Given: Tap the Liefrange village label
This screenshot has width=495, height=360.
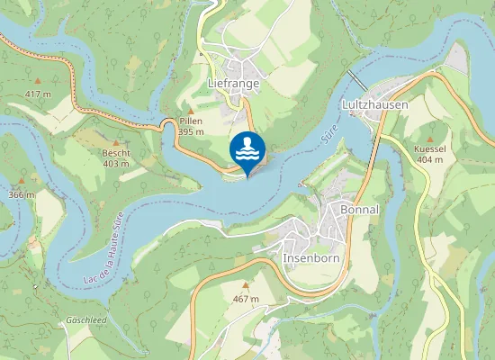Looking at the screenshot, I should click(233, 83).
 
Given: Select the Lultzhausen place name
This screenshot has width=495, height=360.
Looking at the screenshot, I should click(375, 104).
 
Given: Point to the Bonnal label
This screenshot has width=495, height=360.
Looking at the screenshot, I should click(360, 209).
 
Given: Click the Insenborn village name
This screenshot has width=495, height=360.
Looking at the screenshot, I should click(310, 257).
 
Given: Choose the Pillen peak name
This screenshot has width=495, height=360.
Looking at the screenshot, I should click(191, 121).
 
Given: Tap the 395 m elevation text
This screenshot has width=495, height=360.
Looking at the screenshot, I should click(191, 131).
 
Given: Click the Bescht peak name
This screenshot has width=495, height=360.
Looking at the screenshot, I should click(116, 153).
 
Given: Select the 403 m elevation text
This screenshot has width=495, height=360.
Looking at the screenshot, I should click(116, 164).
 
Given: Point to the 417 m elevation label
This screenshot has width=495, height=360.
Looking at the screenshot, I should click(38, 94).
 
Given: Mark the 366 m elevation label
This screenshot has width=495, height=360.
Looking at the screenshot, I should click(20, 194).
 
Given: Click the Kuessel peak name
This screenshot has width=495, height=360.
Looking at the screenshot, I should click(429, 148).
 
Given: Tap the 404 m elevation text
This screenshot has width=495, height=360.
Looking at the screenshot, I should click(429, 159).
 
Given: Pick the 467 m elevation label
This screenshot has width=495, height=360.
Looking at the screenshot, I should click(246, 298).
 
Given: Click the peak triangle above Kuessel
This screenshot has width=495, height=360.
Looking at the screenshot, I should click(429, 137).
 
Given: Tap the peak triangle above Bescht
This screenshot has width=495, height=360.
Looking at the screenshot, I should click(116, 142).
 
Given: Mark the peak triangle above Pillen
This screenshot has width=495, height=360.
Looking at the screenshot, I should click(191, 110).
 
